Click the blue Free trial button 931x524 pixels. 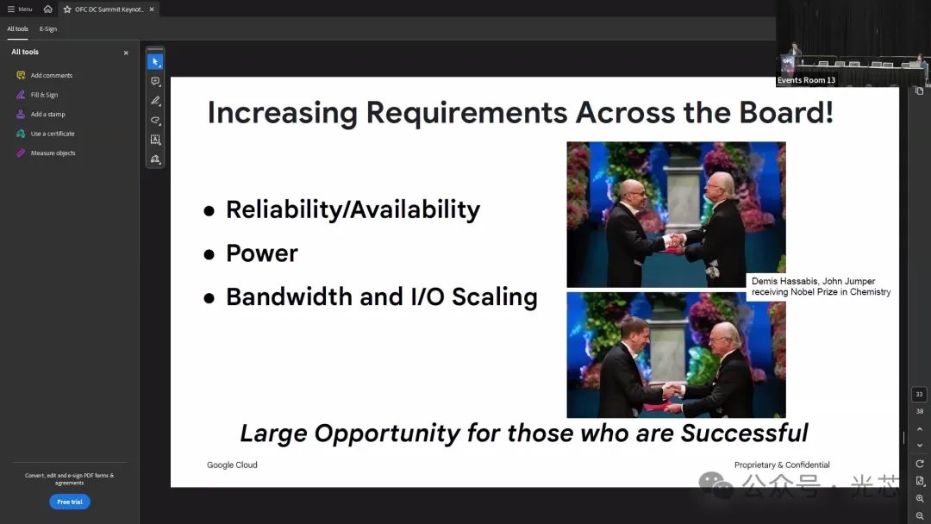[70, 502]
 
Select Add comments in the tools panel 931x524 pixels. [51, 75]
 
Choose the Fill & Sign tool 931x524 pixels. [44, 95]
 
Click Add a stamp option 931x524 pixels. [47, 115]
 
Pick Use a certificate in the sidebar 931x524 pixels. [53, 134]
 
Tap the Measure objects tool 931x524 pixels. [53, 153]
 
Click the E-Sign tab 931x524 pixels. [48, 29]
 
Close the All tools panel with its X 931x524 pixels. [126, 53]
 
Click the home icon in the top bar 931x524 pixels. [48, 9]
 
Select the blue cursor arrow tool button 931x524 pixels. [155, 62]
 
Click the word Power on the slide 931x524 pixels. [262, 253]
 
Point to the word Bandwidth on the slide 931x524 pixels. [289, 296]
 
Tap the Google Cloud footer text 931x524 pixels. [232, 465]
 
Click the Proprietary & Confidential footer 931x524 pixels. [782, 465]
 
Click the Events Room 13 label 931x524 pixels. [806, 80]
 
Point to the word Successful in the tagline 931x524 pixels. [745, 434]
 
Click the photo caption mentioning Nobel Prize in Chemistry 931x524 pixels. [822, 287]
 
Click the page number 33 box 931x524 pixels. [919, 395]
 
